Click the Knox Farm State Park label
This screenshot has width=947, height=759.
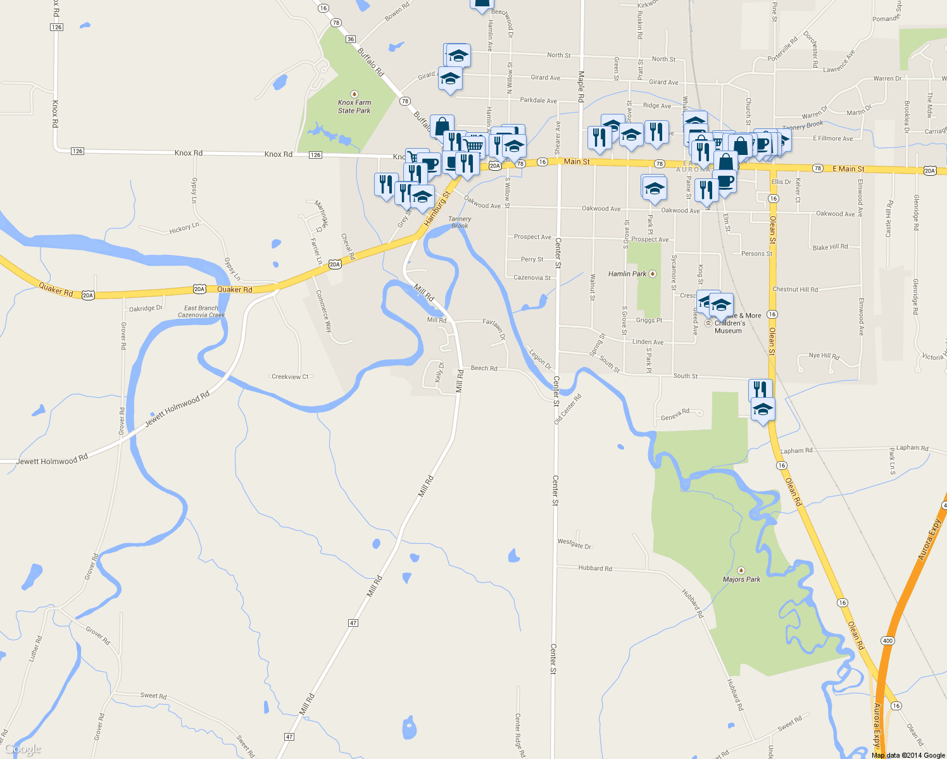pos(354,106)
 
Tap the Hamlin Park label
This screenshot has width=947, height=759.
pos(627,274)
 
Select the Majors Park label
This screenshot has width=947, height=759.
pos(741,579)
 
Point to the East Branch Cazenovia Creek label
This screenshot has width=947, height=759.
pos(201,311)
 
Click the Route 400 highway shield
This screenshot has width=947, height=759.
pos(887,641)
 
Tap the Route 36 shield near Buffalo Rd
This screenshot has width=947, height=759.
pos(351,39)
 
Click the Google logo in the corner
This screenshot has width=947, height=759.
pos(23,750)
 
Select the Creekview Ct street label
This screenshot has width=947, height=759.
pos(290,377)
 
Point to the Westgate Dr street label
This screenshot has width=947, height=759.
pos(574,543)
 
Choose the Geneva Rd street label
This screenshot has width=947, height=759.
pos(675,415)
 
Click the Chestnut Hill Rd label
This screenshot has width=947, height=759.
pos(795,290)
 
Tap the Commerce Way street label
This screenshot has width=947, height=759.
pos(323,311)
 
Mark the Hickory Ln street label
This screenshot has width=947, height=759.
pos(184,228)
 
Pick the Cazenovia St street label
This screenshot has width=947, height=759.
pos(532,278)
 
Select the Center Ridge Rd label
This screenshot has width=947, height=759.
pos(519,736)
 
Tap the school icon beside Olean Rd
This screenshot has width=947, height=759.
pos(763,410)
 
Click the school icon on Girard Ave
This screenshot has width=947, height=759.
pos(450,79)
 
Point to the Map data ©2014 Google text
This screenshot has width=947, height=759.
pos(908,755)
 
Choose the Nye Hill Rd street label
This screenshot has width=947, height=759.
pos(824,356)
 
